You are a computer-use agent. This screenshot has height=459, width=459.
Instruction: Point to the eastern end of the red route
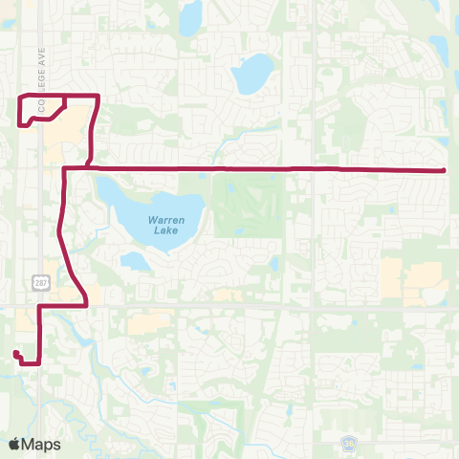446,170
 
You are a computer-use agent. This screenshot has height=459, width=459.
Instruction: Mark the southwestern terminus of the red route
15,354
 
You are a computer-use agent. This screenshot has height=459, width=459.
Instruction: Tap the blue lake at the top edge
190,14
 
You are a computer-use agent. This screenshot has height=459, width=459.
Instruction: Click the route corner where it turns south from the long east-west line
64,169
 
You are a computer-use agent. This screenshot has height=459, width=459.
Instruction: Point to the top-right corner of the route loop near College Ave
98,96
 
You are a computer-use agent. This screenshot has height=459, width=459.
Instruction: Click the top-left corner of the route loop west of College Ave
20,98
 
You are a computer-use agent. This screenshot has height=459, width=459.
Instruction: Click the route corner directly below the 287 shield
39,306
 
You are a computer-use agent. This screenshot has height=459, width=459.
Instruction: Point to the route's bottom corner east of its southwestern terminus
38,362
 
